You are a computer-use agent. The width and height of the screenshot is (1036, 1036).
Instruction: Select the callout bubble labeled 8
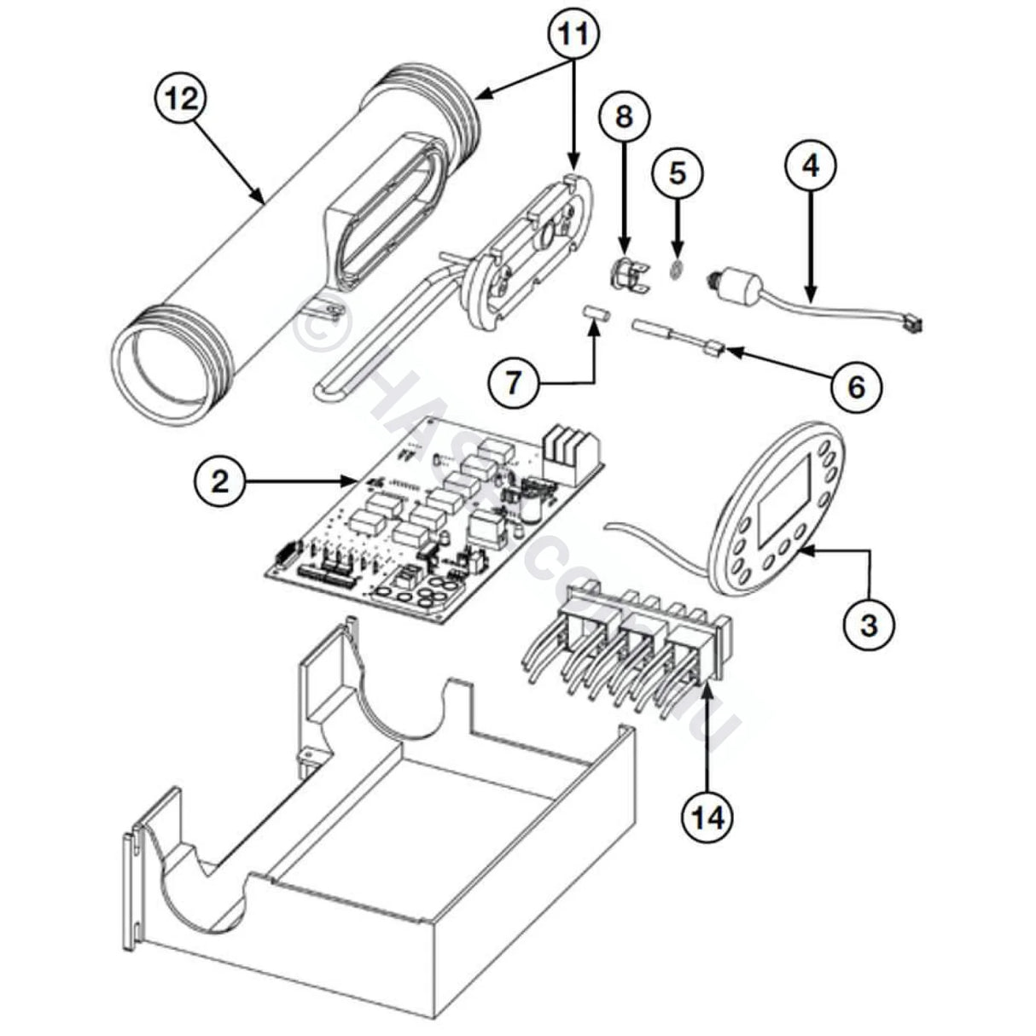(624, 117)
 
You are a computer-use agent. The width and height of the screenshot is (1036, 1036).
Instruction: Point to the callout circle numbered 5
(677, 173)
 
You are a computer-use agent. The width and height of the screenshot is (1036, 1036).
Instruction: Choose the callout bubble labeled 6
(856, 387)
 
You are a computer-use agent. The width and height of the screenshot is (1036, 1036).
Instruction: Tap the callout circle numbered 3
(868, 626)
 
